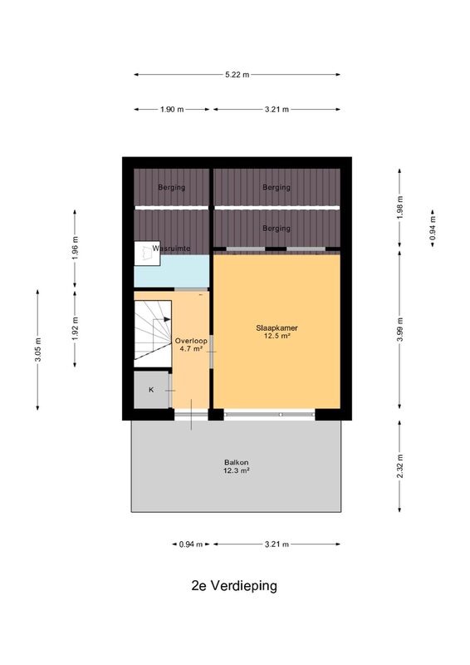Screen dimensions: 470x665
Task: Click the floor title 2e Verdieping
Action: (234, 586)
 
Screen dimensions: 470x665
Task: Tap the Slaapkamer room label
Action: (277, 328)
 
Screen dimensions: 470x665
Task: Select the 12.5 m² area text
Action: (277, 336)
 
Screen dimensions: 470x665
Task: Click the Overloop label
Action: (191, 341)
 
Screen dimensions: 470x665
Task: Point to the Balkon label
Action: (237, 462)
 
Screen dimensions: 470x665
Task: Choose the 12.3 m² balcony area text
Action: (237, 470)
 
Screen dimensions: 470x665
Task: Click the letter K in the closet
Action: (151, 390)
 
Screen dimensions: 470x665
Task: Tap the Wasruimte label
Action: (171, 249)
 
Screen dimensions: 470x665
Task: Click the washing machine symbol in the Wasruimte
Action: (147, 254)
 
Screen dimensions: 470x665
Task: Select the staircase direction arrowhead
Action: (168, 319)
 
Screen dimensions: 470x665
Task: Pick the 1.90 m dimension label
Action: (172, 110)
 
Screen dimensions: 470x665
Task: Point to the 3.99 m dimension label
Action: (400, 329)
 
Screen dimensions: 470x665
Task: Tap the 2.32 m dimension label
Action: (400, 466)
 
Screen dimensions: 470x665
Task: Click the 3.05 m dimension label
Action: (37, 350)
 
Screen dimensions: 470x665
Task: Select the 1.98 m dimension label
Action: (400, 207)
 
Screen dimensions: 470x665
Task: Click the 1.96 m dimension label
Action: (75, 248)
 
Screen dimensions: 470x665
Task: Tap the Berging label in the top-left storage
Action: (172, 187)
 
